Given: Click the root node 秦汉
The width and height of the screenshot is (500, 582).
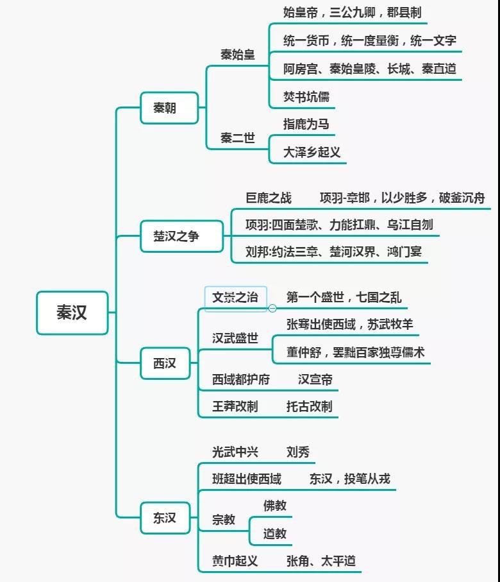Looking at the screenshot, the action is tap(72, 312).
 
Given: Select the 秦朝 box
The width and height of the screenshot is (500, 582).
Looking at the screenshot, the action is tap(169, 108).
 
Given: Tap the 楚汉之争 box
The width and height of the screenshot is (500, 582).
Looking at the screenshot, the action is tap(182, 236).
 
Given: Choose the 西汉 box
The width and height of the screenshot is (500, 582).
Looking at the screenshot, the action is tap(165, 363).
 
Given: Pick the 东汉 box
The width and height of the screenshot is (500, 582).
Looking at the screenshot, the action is tap(165, 518).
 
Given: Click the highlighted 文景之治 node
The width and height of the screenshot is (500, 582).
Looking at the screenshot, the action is tap(235, 297).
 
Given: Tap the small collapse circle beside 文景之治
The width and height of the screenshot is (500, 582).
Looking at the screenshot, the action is tap(272, 308).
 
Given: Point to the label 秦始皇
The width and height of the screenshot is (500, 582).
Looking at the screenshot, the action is tap(238, 55).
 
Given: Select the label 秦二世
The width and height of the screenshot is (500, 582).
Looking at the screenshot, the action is tap(238, 138).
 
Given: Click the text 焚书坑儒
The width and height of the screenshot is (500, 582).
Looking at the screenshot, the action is tap(306, 97).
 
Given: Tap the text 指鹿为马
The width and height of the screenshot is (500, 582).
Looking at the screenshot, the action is tap(306, 124).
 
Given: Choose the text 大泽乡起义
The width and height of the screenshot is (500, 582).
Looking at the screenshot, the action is tap(312, 152).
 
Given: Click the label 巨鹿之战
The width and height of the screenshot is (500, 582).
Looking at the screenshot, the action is tap(269, 198).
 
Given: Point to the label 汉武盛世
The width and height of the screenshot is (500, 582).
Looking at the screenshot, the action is tap(235, 338).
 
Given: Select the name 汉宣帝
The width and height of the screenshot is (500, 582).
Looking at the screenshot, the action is tap(315, 379).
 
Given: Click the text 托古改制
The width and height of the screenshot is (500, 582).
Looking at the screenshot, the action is tap(310, 406).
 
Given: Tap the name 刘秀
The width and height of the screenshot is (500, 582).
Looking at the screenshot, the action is tap(298, 452).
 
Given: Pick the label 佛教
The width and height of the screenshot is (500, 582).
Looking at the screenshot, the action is tap(275, 506).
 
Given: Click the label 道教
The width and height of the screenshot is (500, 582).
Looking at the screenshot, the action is tap(275, 534).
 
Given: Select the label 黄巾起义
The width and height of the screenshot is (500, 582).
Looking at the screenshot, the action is tap(235, 561).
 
